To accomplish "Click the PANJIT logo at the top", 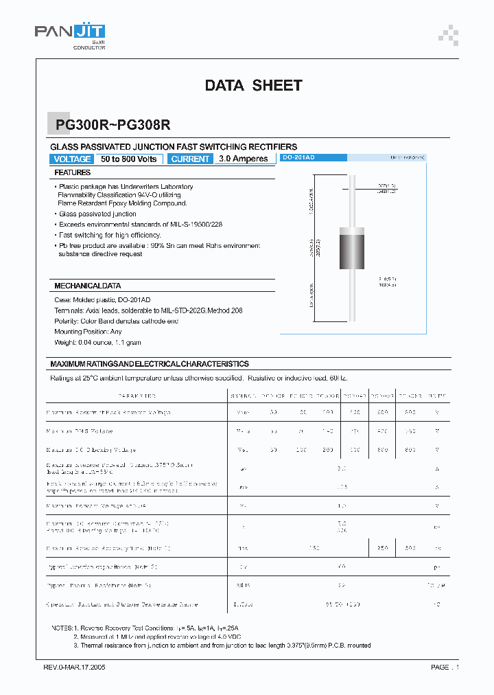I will tap(69, 32).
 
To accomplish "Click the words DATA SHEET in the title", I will tap(253, 86).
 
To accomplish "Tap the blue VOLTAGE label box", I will tap(72, 159).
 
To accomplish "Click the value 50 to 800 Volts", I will tap(129, 159).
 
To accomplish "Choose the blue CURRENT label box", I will tap(190, 159).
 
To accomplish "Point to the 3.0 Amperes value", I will tap(244, 159).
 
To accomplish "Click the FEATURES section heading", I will tap(73, 173).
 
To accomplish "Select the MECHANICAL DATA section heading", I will tap(88, 285).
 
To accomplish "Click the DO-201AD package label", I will tap(299, 158).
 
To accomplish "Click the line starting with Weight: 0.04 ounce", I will tap(97, 342).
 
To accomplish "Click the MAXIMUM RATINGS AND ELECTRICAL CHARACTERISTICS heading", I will tap(150, 364).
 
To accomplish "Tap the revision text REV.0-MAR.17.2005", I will tap(70, 667).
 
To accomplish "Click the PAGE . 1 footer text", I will tap(445, 667).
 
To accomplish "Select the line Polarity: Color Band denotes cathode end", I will tap(116, 321).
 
